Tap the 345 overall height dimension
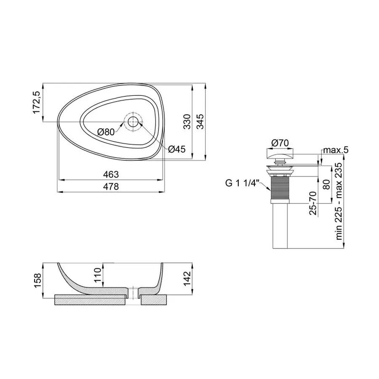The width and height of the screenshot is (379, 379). tap(202, 121)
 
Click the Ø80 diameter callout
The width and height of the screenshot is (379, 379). tap(105, 132)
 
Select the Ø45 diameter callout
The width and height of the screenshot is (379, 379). tap(176, 149)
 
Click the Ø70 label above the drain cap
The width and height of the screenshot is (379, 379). tap(279, 143)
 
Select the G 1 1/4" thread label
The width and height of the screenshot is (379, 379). tap(243, 183)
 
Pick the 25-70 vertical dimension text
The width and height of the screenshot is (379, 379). tap(313, 203)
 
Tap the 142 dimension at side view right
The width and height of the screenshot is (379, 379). tap(187, 278)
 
